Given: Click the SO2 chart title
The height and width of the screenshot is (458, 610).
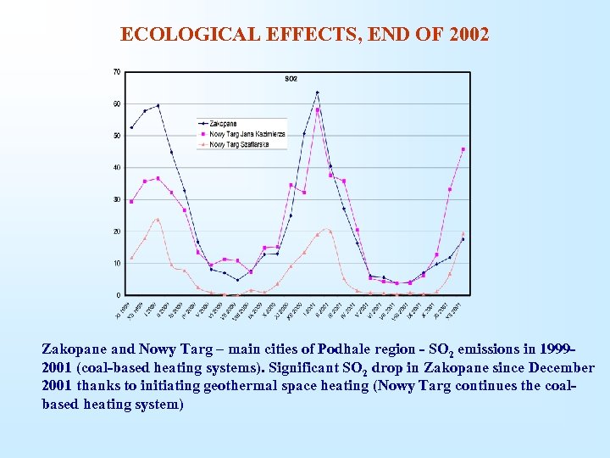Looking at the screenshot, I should pos(291,79).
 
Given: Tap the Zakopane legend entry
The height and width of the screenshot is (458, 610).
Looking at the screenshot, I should pos(223,123).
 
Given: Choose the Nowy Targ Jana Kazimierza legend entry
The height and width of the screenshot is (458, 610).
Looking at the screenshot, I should pos(247,133).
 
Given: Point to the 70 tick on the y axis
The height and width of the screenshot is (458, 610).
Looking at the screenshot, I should pos(116,72).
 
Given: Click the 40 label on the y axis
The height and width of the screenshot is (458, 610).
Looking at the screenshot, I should pos(116,168).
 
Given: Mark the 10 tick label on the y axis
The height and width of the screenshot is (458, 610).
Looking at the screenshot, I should pos(116,263).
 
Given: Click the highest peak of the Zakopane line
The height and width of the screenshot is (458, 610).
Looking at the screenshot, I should pos(317,92).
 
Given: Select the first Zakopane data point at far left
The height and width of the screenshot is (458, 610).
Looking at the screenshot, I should pos(131,127).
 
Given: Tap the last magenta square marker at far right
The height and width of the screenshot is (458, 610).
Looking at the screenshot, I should pos(463,149).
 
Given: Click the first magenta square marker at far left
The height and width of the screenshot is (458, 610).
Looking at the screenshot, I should pos(131,202).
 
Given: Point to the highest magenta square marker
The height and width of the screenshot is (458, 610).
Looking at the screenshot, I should pos(317,109).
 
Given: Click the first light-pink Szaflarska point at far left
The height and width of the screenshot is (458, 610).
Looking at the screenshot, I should pos(131,258).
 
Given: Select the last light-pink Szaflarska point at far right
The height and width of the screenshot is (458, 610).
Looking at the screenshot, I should pos(463,234).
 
